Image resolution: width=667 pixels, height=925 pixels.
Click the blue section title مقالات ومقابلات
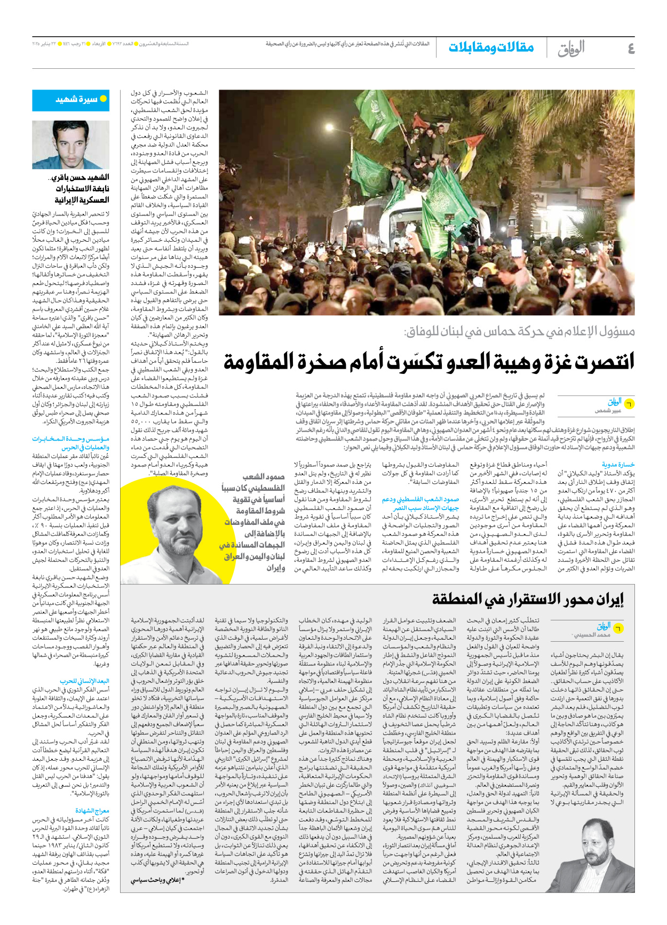(x=491, y=47)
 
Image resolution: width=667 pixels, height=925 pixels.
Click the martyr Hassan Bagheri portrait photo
(x=70, y=145)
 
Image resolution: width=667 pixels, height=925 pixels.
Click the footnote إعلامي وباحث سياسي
(x=160, y=880)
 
